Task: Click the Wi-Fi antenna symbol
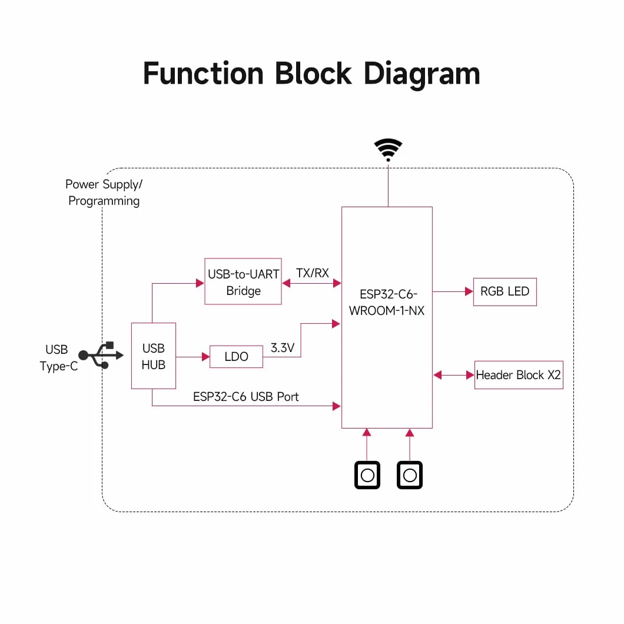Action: pos(388,150)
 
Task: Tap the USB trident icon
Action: pos(101,355)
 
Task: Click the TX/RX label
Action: pos(313,273)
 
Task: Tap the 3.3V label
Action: pos(283,348)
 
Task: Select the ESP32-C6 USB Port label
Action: pos(246,397)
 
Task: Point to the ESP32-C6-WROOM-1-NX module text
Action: pos(387,303)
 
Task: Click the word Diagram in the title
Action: pos(422,74)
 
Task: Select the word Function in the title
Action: pos(203,73)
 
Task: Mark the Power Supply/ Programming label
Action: pos(104,192)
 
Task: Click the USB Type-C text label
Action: pos(58,358)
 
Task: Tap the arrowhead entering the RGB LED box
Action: pos(469,292)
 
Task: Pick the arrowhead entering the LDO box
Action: pos(206,357)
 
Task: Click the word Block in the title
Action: pos(313,73)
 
